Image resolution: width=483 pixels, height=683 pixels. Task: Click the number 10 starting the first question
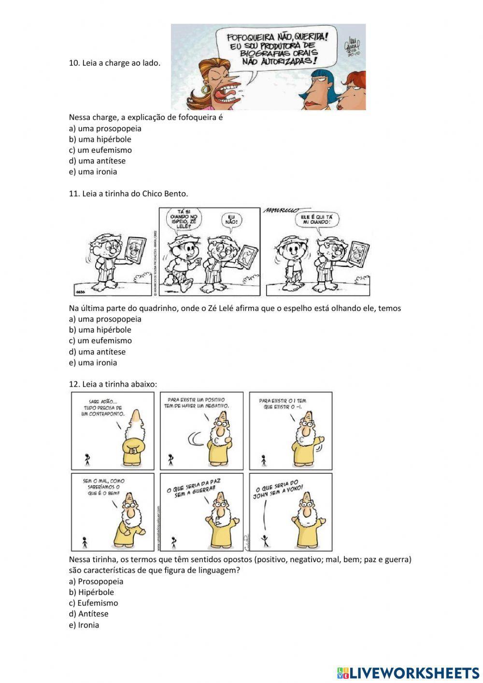click(73, 63)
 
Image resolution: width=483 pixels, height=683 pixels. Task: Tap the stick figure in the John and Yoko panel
click(264, 539)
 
